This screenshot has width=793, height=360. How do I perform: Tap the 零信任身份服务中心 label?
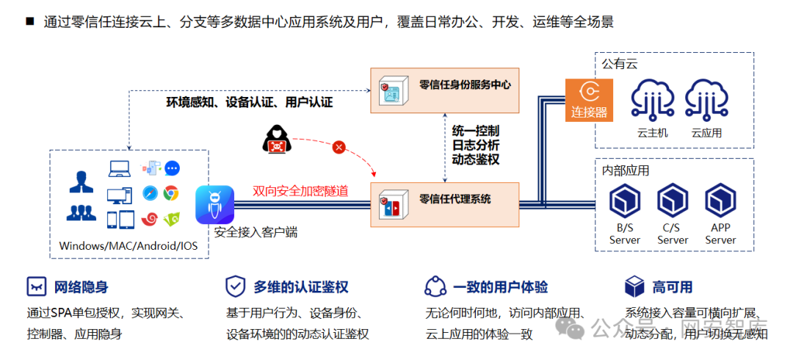(x=464, y=84)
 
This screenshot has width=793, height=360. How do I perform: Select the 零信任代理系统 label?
(x=455, y=198)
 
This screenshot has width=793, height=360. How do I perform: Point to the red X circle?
(x=338, y=148)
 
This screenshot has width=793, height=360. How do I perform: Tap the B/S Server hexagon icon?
(x=625, y=201)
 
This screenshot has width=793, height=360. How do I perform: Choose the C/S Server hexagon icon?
(x=673, y=201)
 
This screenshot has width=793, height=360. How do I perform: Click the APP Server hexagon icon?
(x=720, y=201)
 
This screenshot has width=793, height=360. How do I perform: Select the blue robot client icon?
(x=214, y=204)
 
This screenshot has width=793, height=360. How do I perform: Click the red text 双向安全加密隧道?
(x=300, y=191)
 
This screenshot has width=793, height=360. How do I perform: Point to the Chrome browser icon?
(x=171, y=193)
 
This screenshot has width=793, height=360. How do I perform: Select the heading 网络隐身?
(x=82, y=287)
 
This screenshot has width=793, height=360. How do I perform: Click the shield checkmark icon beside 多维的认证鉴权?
(x=236, y=286)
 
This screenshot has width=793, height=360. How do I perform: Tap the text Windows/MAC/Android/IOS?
(x=129, y=245)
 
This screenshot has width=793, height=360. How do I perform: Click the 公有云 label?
(x=619, y=64)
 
